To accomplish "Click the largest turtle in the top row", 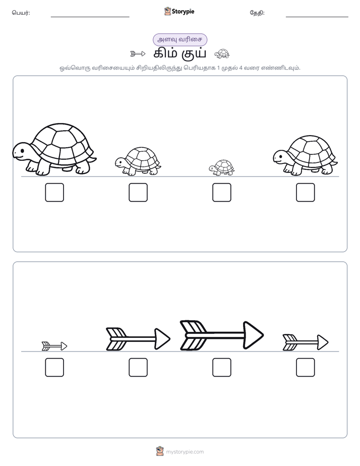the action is point(54,149).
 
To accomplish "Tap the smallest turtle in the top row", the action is point(221,167).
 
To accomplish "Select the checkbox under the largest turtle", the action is point(54,192).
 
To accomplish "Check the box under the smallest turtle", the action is point(221,192).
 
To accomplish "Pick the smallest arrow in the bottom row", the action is point(54,346).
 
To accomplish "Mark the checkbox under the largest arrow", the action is point(221,367).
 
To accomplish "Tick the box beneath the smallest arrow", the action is point(54,367).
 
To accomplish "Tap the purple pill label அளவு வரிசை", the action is point(179,39).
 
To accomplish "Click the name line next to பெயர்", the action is point(90,17).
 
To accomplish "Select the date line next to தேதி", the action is point(317,17).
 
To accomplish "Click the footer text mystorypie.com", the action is point(185,452).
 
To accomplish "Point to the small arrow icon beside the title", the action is point(138,54).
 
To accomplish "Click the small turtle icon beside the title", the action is point(222,53).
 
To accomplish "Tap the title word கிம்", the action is point(165,54).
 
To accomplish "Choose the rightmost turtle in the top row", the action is point(305,155).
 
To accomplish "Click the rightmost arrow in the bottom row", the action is point(306,342).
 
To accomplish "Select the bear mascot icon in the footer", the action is point(160,451).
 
